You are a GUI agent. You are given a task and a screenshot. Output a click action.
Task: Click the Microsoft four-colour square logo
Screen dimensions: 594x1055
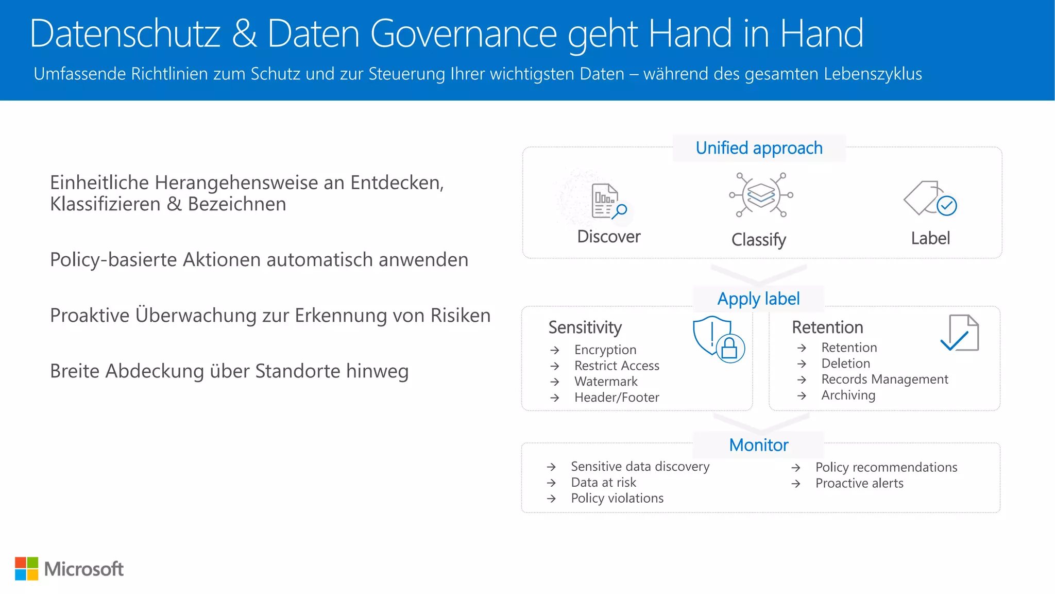26,569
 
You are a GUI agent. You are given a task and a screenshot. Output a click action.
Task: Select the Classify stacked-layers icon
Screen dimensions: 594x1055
761,195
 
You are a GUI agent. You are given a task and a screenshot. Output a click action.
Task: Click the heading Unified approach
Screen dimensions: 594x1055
759,148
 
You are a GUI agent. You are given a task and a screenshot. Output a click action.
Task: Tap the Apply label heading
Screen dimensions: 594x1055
758,299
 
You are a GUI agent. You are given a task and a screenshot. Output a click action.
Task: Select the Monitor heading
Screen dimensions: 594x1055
758,445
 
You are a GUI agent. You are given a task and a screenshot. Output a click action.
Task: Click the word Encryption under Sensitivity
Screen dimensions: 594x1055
605,350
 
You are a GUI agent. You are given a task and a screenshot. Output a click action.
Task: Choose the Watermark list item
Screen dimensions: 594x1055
606,382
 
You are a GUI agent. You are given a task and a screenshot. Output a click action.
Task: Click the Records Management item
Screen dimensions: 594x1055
884,379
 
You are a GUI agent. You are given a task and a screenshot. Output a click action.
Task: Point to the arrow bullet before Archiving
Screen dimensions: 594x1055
802,396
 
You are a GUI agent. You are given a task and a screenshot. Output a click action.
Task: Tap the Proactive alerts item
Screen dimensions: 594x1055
859,484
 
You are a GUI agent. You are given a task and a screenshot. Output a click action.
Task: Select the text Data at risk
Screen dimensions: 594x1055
603,483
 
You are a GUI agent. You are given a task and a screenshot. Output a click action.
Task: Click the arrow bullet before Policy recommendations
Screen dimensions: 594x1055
796,468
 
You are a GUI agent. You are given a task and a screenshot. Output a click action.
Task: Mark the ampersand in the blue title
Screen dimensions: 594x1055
244,34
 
